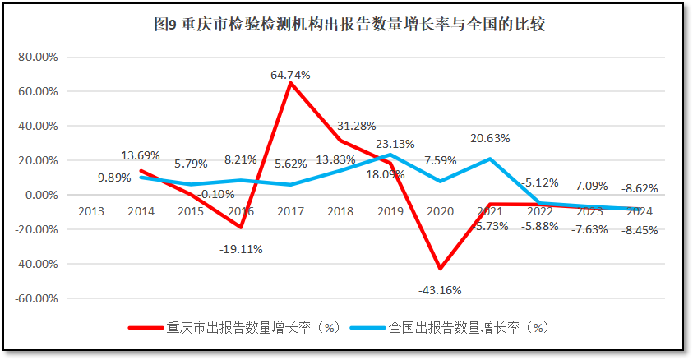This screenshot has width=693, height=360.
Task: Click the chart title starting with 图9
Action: pos(349,25)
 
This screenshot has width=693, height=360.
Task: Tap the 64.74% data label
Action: pos(290,75)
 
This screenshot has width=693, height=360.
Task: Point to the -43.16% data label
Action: pos(440,289)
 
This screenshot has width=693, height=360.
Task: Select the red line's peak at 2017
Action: pos(290,83)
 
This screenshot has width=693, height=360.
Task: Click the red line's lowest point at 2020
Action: pos(440,269)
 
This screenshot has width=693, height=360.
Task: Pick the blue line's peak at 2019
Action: pos(390,155)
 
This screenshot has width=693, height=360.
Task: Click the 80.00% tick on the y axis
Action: pos(37,58)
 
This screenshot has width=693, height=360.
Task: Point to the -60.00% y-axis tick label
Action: pos(35,298)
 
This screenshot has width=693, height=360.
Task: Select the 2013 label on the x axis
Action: pos(91,211)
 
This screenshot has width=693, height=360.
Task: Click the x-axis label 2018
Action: pos(340,211)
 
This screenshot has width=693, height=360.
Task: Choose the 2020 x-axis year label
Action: pos(440,211)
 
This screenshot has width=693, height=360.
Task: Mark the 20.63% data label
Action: pos(490,138)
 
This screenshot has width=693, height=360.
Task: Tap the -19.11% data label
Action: pos(241,249)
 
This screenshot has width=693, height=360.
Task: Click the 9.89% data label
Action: pos(114,178)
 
